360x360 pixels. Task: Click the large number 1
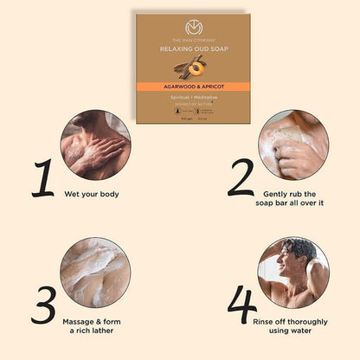click(x=40, y=177)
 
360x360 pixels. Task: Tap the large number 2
click(x=241, y=177)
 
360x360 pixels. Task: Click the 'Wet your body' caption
click(x=92, y=193)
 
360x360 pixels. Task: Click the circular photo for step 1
click(x=96, y=145)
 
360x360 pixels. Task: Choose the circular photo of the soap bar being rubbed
click(x=293, y=145)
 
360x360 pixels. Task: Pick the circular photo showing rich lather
click(x=96, y=273)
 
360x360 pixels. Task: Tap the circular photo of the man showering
click(x=293, y=273)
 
